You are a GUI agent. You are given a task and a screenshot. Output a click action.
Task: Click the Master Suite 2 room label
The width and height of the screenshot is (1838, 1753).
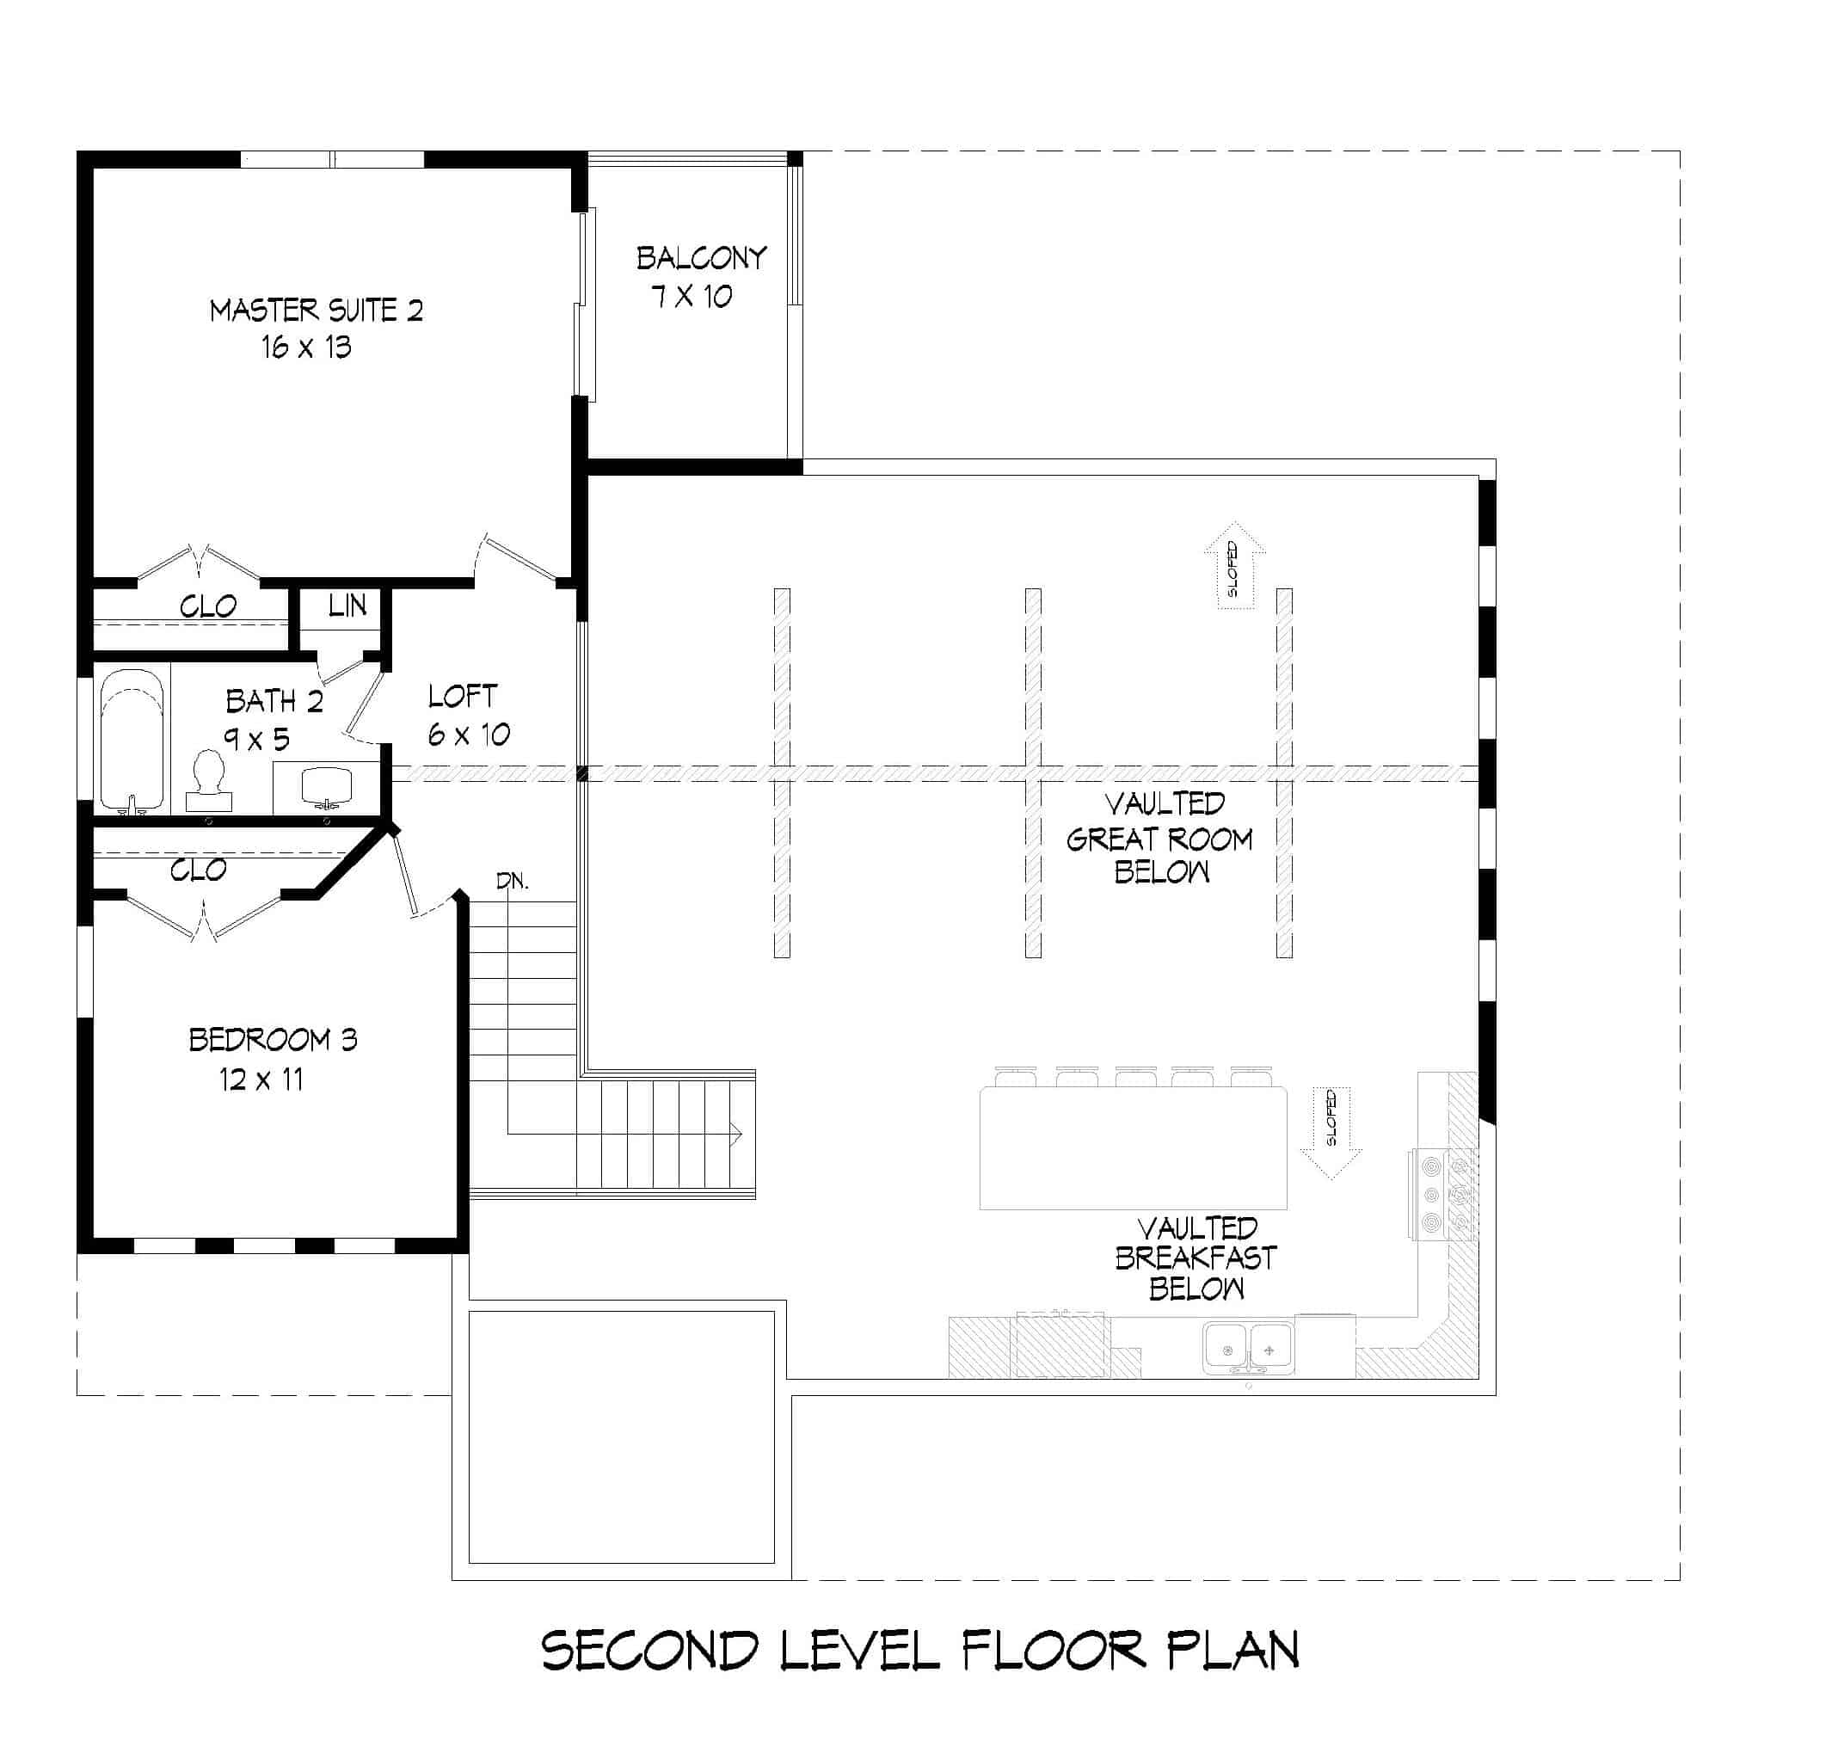[x=316, y=311]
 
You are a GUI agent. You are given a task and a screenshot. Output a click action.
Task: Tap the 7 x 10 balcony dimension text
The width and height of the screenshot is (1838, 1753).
[x=692, y=297]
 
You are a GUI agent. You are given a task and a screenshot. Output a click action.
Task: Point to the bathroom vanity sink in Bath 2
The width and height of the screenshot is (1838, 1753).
[x=326, y=785]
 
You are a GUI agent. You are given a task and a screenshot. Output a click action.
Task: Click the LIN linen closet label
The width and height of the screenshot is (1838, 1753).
[x=347, y=606]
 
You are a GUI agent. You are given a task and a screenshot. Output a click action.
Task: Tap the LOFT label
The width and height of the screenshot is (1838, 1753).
[x=463, y=696]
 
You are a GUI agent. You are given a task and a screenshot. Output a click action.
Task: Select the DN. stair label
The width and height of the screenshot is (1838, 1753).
[x=512, y=881]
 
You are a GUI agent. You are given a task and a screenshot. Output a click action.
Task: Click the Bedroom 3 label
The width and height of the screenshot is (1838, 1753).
[x=273, y=1040]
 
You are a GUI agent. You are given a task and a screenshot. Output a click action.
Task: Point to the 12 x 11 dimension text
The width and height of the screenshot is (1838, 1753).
[x=261, y=1080]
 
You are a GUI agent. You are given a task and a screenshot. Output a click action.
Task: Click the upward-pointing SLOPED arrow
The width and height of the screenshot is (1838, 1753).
[x=1233, y=564]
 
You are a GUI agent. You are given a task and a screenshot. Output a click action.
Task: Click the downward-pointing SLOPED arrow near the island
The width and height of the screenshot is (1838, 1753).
[x=1331, y=1132]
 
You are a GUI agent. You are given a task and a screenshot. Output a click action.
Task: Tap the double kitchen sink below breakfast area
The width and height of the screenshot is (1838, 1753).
[x=1248, y=1350]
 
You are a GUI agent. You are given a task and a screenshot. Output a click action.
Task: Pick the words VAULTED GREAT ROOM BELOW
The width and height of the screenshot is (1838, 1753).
[x=1159, y=838]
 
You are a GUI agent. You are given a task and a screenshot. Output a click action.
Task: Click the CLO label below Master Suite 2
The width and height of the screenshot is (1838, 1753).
[x=207, y=607]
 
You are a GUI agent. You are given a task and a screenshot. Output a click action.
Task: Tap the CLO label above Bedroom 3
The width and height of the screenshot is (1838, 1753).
[x=198, y=870]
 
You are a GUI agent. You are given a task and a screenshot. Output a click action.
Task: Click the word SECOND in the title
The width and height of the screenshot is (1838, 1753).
[x=649, y=1651]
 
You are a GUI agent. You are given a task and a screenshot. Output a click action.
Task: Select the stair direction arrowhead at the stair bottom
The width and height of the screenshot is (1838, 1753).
[x=736, y=1135]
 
